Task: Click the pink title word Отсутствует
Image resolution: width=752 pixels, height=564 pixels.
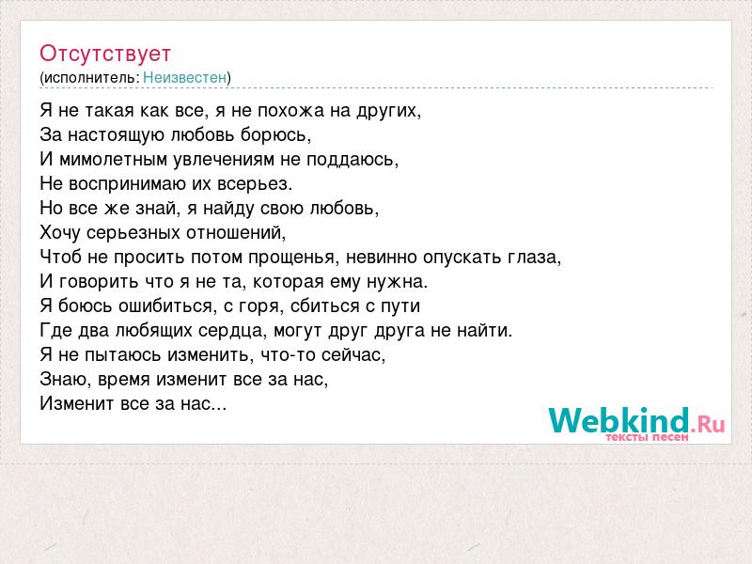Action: [x=105, y=54]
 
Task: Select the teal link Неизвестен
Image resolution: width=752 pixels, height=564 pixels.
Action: [x=184, y=77]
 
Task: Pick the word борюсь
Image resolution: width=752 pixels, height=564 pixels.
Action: [x=275, y=134]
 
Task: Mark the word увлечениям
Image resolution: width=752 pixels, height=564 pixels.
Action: [x=224, y=159]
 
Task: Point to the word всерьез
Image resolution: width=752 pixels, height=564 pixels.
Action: [x=255, y=183]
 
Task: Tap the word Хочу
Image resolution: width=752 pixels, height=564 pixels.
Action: [x=60, y=232]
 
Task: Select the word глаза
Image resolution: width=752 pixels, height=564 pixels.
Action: [x=534, y=257]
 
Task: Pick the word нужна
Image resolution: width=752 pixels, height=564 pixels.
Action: [x=397, y=281]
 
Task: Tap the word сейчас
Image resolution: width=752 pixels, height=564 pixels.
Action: [x=353, y=355]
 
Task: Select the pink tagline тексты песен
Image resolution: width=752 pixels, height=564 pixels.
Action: [x=647, y=437]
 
